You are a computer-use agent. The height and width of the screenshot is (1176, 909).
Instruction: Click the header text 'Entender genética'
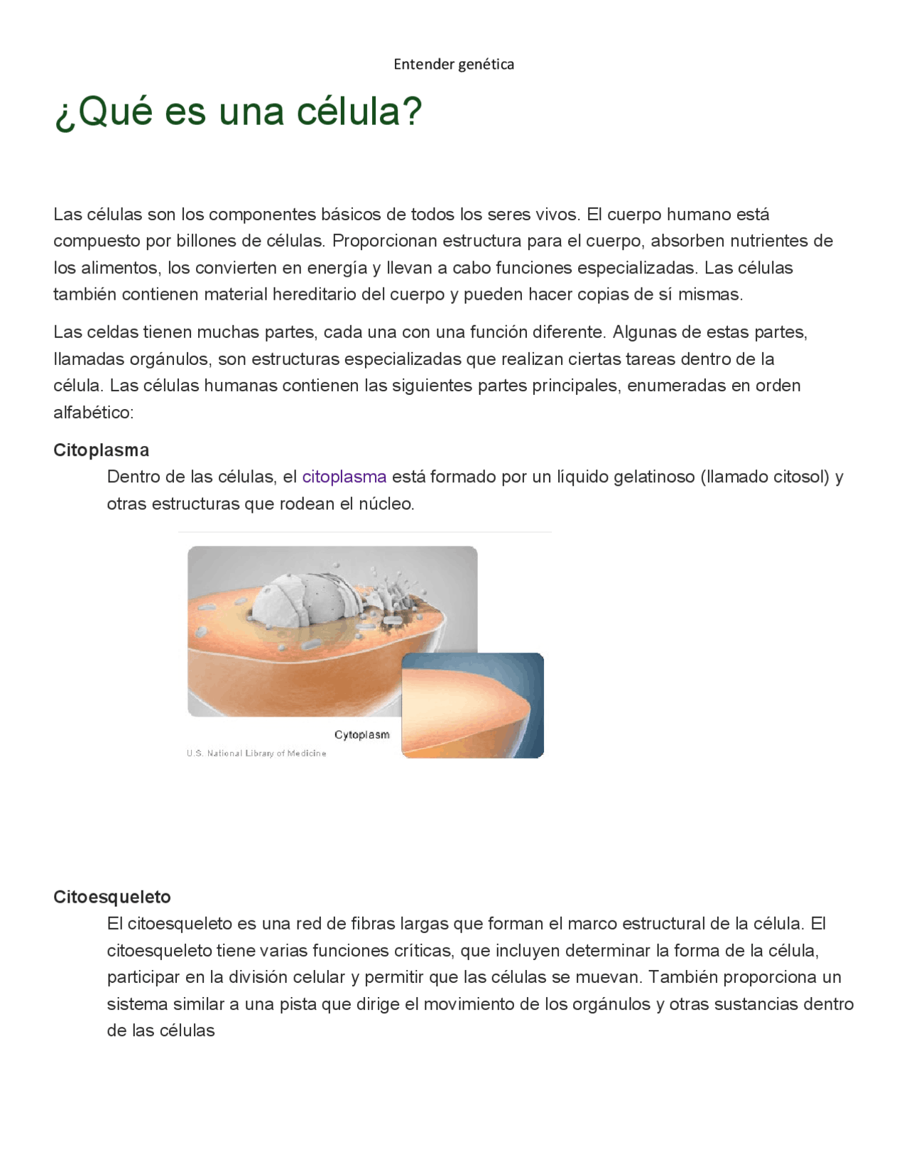point(454,65)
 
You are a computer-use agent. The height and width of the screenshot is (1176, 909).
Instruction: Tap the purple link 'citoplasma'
point(344,477)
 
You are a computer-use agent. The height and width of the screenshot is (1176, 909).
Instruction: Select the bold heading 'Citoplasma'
point(101,450)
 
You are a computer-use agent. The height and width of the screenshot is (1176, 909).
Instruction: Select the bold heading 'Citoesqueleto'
point(112,897)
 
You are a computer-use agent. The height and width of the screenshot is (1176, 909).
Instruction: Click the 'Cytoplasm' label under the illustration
point(362,735)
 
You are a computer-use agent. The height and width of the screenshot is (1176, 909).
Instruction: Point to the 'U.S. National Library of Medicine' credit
point(256,753)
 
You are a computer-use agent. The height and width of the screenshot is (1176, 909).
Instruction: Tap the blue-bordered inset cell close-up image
point(472,705)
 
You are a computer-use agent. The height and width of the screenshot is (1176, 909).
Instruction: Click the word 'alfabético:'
point(94,413)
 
